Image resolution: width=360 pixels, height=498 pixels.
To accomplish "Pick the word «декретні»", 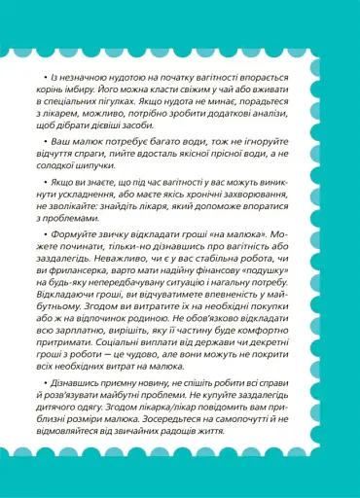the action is click(289, 402).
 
